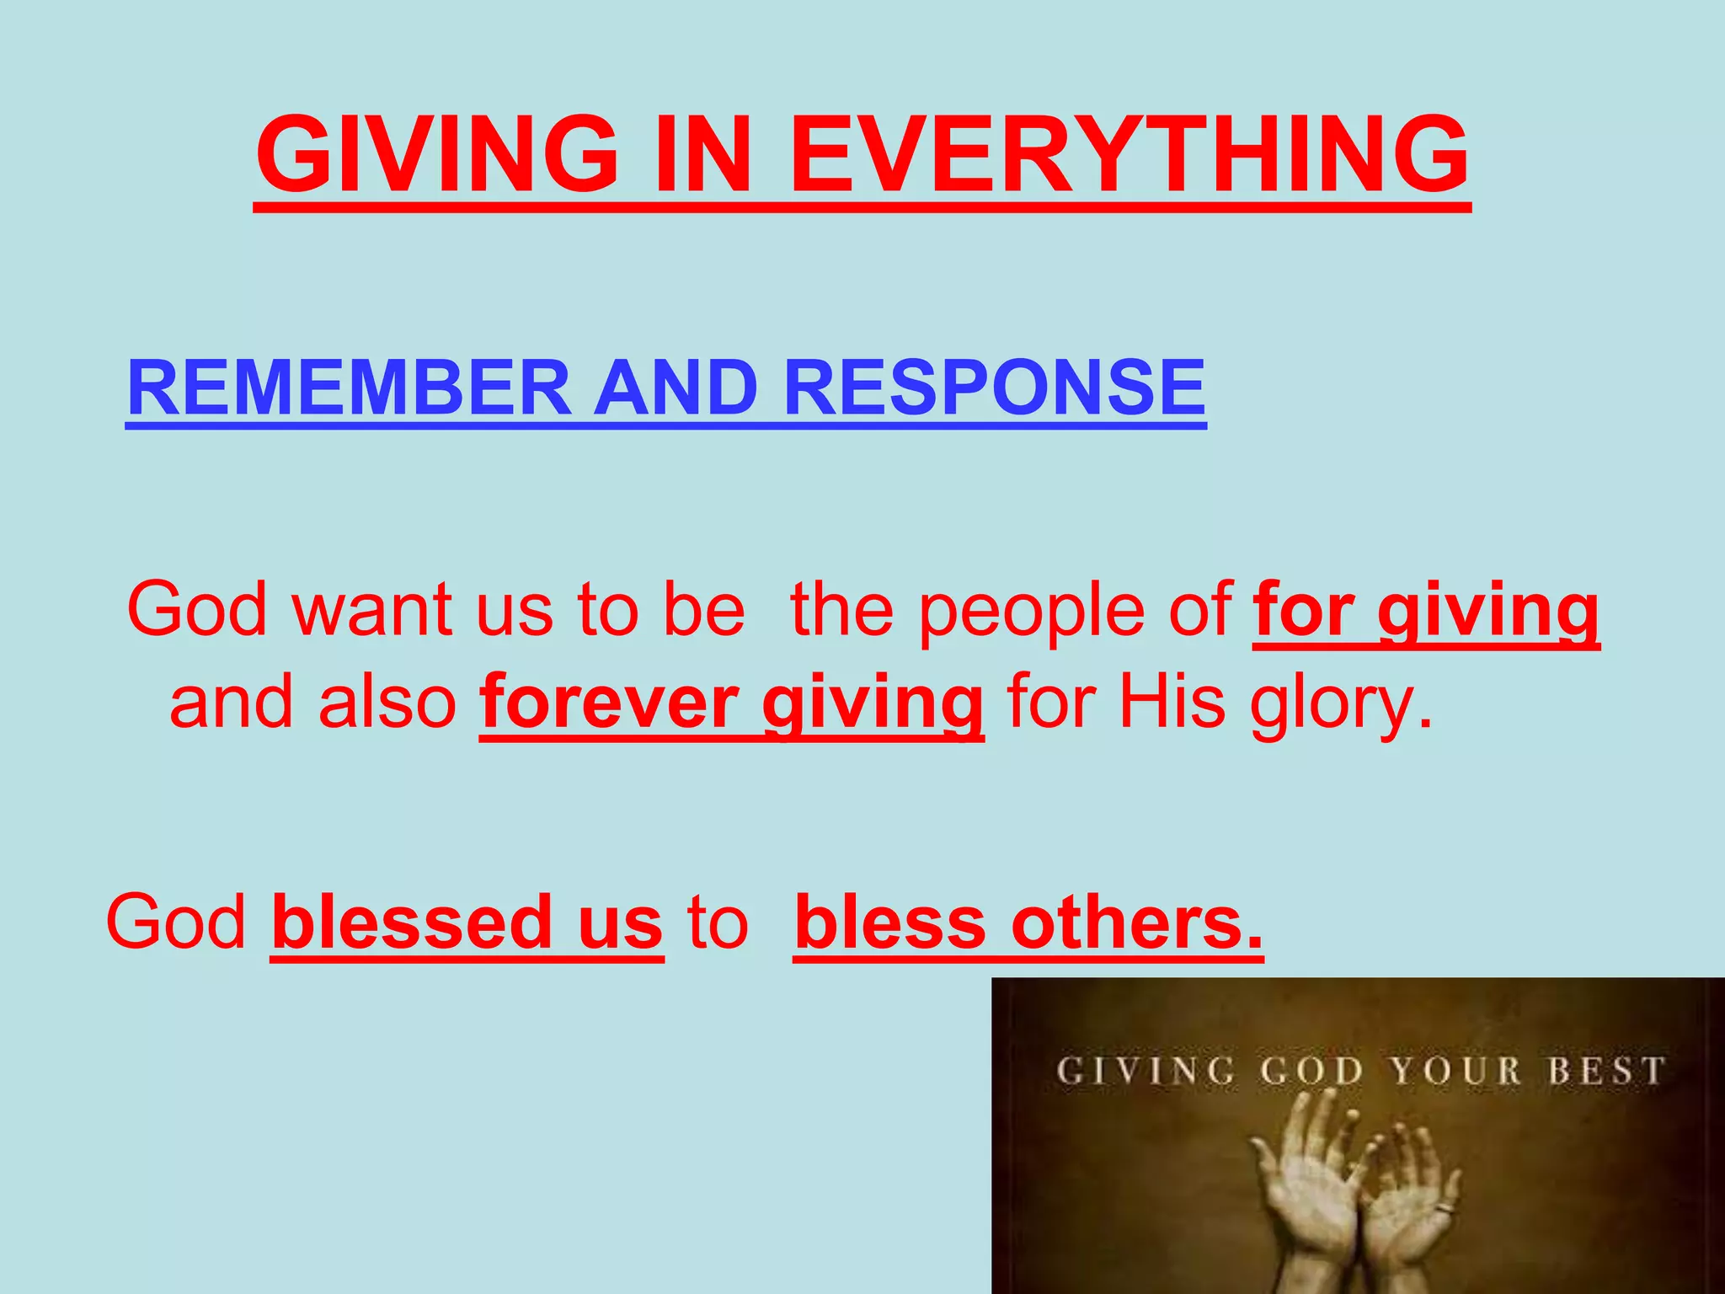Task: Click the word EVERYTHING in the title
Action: tap(1129, 155)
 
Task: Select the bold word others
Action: tap(1137, 922)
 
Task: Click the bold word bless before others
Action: tap(889, 922)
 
